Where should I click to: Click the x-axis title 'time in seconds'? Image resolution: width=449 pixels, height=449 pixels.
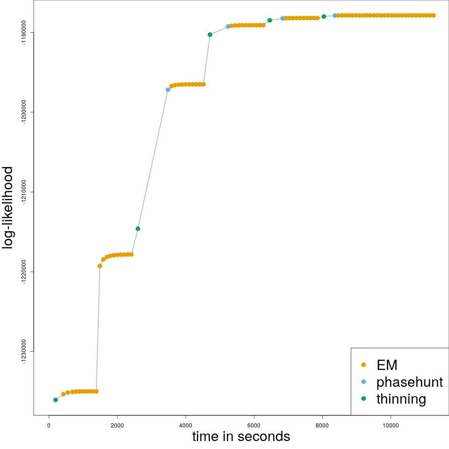[x=241, y=437]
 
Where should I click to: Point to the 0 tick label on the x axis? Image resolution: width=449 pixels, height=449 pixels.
[x=49, y=425]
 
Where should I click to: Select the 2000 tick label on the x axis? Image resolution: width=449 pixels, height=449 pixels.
[x=117, y=425]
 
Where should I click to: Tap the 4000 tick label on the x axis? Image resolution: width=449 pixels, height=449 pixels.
[x=186, y=425]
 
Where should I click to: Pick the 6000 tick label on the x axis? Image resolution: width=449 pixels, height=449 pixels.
[x=254, y=425]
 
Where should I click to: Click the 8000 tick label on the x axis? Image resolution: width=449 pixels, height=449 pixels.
[x=322, y=425]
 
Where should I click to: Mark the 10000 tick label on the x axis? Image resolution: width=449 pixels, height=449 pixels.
[x=391, y=425]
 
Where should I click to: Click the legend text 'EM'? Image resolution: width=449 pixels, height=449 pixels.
[x=387, y=365]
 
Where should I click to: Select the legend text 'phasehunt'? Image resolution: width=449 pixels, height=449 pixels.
[x=409, y=382]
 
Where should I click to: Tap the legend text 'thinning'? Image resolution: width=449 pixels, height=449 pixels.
[x=401, y=399]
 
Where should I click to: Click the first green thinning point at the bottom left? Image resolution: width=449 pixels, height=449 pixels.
[x=56, y=400]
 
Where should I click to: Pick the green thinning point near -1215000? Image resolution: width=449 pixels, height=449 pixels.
[x=138, y=229]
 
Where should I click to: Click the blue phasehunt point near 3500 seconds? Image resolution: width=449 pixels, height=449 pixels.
[x=168, y=90]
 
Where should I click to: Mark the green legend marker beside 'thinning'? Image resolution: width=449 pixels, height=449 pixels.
[x=364, y=398]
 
